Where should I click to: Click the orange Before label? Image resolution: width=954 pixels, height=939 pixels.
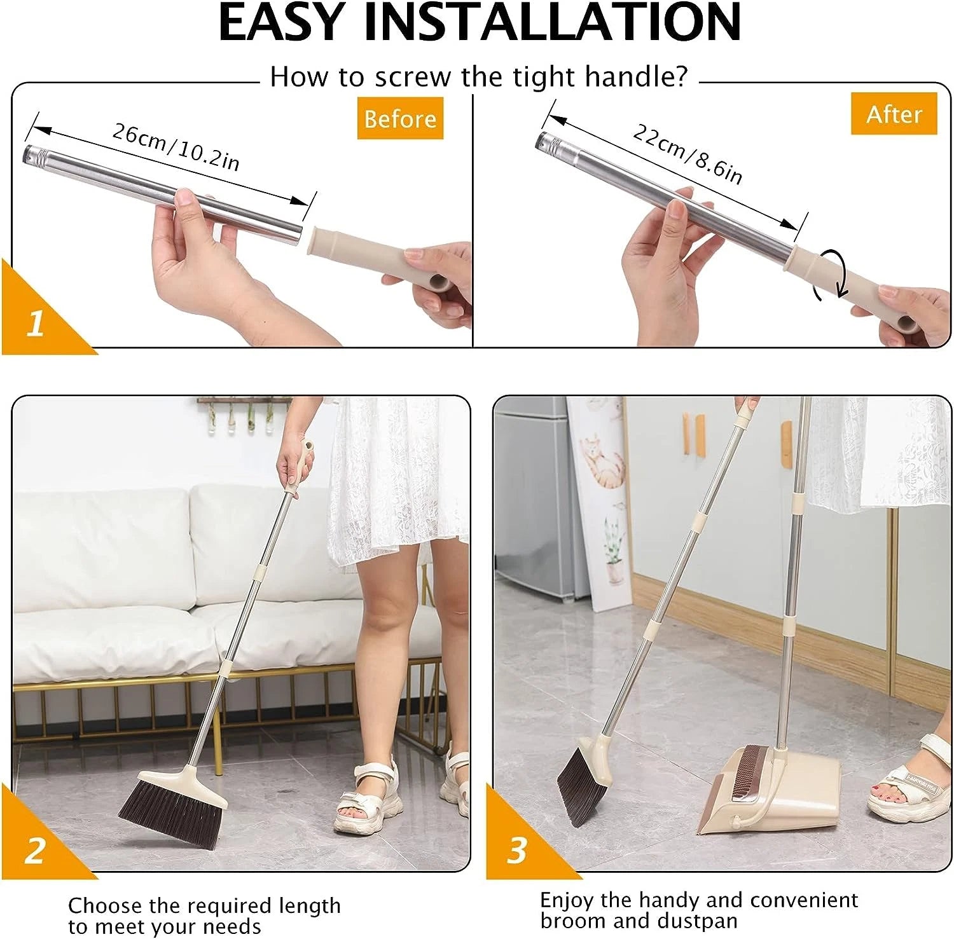pos(399,118)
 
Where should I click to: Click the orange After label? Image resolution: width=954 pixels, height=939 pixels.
pos(894,114)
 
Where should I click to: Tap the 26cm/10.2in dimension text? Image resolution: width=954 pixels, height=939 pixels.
pos(176,147)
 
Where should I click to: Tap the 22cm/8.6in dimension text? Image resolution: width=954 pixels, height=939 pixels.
pos(687,153)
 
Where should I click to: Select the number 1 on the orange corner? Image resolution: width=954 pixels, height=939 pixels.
pos(35,324)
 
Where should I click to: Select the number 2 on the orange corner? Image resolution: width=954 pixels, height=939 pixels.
pos(35,850)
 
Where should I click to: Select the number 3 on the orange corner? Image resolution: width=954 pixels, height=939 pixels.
pos(516,850)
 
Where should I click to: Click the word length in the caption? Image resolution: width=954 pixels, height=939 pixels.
pos(302,905)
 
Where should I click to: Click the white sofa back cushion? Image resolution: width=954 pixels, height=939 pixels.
pos(102,547)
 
